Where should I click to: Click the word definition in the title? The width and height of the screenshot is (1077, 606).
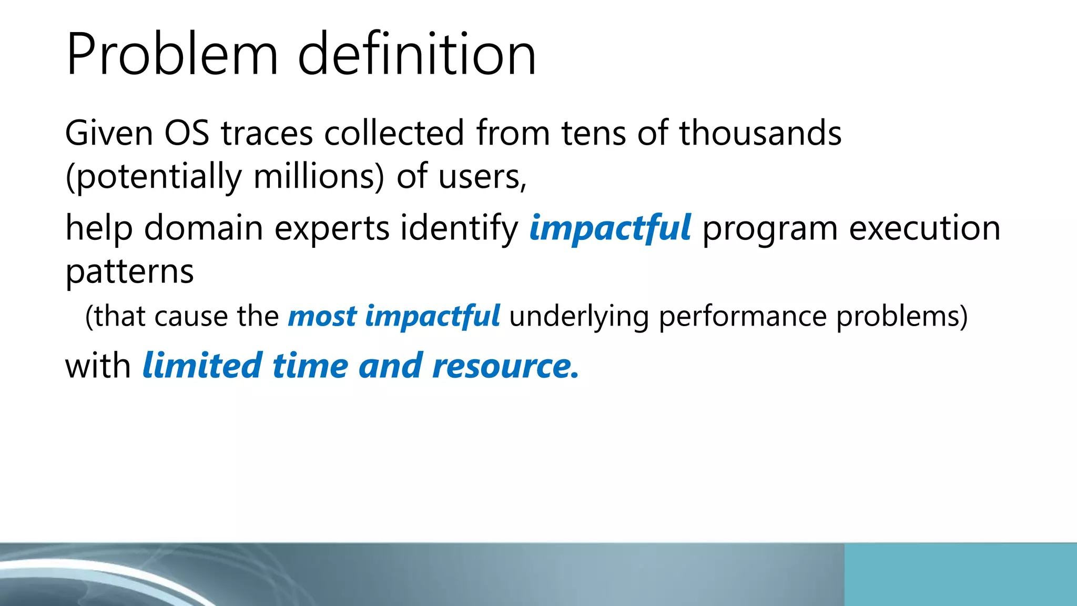click(x=416, y=54)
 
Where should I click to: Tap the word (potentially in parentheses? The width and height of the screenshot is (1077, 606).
click(x=153, y=177)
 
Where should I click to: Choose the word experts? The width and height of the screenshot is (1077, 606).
click(x=332, y=229)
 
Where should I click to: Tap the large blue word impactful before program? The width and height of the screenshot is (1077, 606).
click(x=610, y=228)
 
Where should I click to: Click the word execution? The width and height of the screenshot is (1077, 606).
click(x=924, y=228)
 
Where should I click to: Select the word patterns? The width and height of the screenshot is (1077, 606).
click(x=129, y=272)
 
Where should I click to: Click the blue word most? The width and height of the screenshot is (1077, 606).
click(x=322, y=316)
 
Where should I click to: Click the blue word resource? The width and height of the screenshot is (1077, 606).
click(x=505, y=366)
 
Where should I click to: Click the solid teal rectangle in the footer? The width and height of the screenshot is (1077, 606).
click(x=960, y=574)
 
